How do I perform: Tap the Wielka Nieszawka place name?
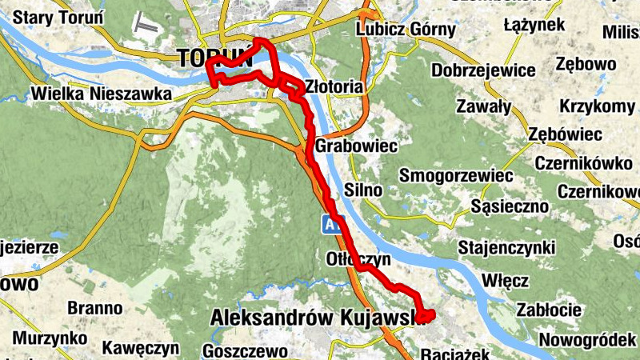(101, 94)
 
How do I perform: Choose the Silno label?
(362, 190)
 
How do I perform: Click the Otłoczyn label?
(358, 259)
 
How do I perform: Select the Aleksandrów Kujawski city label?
(315, 318)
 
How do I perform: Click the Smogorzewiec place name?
(456, 174)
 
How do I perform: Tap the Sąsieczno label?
(510, 206)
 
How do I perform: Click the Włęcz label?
(506, 281)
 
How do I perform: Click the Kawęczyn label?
(139, 348)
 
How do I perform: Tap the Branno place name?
(94, 308)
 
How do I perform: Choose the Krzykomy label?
(597, 106)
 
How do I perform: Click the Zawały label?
(482, 106)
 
